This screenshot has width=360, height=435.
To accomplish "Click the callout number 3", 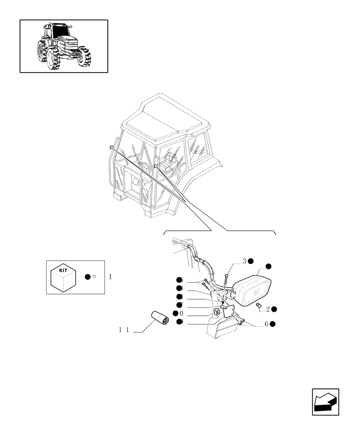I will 245,261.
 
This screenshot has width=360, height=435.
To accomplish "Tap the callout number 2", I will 268,309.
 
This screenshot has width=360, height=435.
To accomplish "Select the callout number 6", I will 266,324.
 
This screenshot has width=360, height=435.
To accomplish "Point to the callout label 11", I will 124,330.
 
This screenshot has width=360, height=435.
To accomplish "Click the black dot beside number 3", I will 251,261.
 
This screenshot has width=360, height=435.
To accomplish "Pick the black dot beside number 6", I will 272,324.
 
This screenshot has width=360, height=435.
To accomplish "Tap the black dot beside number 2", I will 274,309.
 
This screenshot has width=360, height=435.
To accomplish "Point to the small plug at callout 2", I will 258,307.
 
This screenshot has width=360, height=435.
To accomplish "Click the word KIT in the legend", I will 63,270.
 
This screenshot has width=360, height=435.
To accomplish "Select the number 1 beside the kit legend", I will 110,277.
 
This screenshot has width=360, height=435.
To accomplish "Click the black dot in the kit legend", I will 87,277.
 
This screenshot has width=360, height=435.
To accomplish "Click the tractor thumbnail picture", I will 63,46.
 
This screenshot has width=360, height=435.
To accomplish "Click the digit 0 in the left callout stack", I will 181,314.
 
